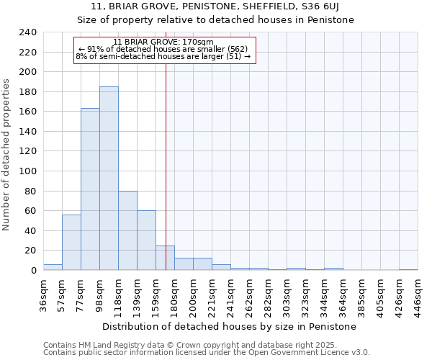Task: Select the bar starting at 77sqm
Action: [90, 189]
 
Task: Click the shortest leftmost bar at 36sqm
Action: [53, 267]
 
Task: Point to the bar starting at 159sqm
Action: [165, 258]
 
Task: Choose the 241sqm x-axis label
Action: [230, 295]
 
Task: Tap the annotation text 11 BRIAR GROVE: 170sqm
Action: [163, 42]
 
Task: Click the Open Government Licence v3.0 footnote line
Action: [206, 353]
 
